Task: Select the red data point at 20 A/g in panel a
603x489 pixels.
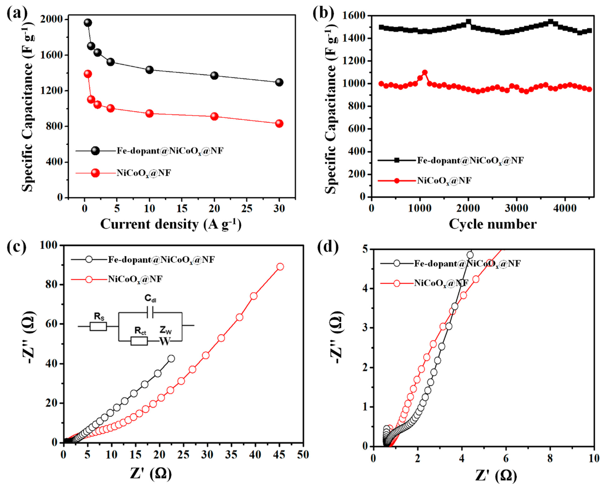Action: (x=214, y=116)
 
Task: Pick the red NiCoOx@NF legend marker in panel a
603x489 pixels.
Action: (x=96, y=173)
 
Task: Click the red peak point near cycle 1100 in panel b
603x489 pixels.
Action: (x=425, y=73)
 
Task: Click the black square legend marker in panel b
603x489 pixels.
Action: (x=397, y=160)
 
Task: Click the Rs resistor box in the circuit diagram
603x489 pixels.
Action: (x=98, y=326)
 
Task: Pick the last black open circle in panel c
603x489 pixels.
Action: (x=171, y=359)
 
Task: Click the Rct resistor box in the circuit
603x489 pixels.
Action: (x=139, y=341)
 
